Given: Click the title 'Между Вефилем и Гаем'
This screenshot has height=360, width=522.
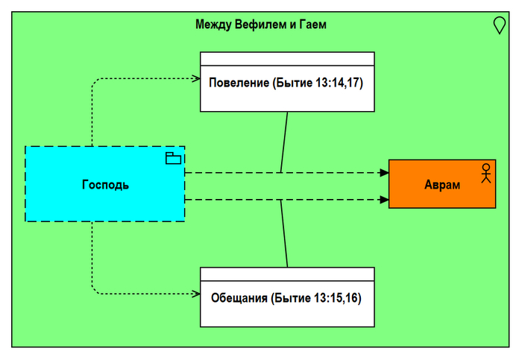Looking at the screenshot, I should click(x=260, y=25).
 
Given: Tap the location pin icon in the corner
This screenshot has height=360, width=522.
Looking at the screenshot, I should click(x=500, y=25).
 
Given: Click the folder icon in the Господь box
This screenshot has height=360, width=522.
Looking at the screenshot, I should click(x=173, y=157).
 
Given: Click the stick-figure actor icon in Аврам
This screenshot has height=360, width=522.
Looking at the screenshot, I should click(x=485, y=172).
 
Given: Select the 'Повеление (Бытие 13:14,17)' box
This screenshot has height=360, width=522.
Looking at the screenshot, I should click(x=287, y=97).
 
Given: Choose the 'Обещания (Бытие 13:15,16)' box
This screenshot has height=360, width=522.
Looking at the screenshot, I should click(x=287, y=313).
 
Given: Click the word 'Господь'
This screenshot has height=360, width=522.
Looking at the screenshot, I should click(x=105, y=184).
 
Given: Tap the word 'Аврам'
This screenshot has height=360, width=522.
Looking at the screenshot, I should click(x=442, y=184).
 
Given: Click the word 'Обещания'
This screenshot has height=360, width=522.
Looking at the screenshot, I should click(x=239, y=298).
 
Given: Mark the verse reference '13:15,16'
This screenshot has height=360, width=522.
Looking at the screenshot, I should click(x=336, y=298).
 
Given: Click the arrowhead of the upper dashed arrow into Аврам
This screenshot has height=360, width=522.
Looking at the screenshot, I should click(x=384, y=172).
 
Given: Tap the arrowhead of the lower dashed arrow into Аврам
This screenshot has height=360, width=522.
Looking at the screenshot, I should click(x=384, y=200).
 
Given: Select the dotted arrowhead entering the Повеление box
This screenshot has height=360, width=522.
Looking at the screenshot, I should click(x=196, y=78).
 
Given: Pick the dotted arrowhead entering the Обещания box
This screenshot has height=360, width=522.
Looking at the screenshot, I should click(x=196, y=293).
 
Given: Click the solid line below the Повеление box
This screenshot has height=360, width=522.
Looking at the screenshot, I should click(x=284, y=142).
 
